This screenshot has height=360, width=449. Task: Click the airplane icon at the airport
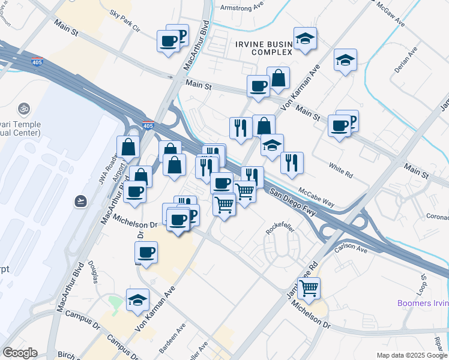(81, 200)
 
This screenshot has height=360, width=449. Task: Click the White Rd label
(340, 169)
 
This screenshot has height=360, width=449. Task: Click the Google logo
(20, 352)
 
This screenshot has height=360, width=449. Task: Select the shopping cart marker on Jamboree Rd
(309, 288)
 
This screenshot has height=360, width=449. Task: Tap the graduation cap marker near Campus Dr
(137, 299)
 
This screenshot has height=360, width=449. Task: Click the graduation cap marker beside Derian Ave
(345, 60)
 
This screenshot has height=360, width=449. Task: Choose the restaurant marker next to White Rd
(292, 163)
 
